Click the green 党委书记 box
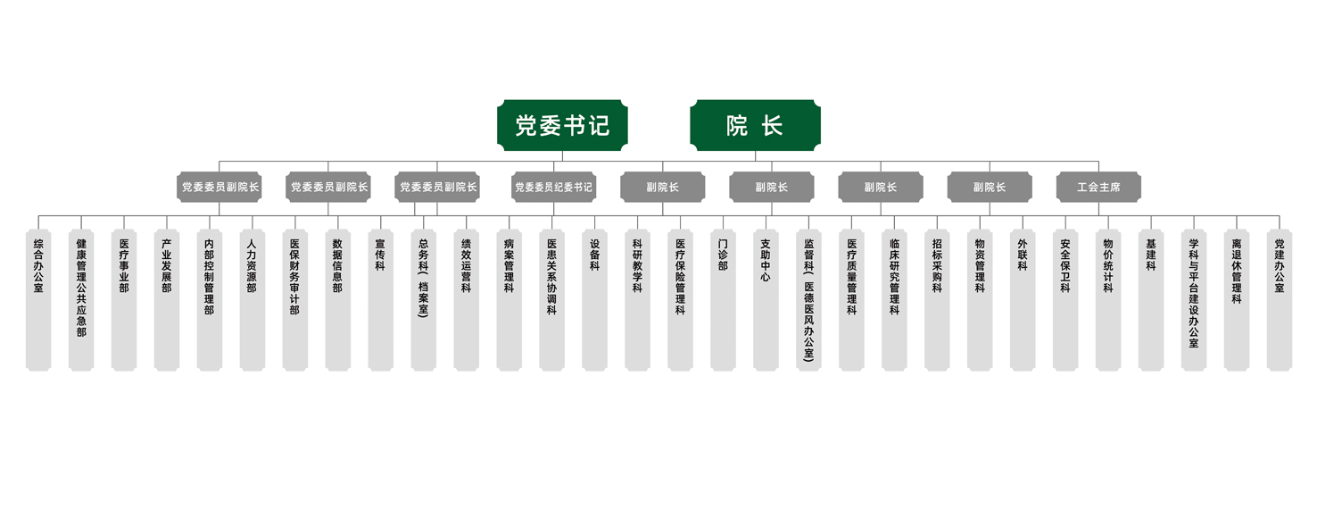[562, 125]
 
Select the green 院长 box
[755, 125]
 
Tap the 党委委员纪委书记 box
[553, 187]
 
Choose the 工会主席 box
[1098, 187]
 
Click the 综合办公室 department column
[38, 300]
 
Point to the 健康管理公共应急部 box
[81, 300]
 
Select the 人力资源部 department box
[253, 300]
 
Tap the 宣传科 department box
[380, 300]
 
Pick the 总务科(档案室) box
[423, 300]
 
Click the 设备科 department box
[594, 300]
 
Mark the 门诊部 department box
[723, 300]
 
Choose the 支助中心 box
[766, 300]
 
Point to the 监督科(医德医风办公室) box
[808, 300]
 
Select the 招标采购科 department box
[937, 300]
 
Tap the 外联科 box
[1023, 300]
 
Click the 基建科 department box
[1151, 300]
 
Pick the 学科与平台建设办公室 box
[1194, 300]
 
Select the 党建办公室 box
[1280, 300]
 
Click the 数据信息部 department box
[337, 300]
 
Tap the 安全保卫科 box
[1065, 300]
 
